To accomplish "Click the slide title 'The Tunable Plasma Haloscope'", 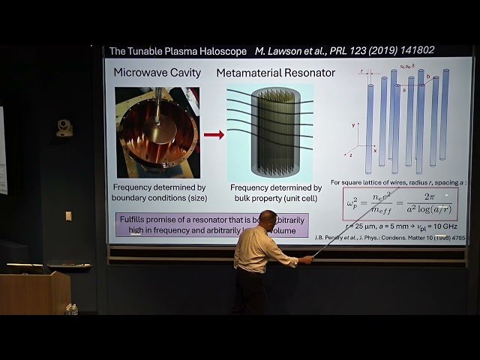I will click(178, 52).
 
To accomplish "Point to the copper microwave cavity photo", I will click(157, 132).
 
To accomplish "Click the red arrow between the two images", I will click(214, 135).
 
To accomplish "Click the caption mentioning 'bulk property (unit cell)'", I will click(275, 193).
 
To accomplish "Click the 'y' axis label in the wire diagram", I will click(352, 126).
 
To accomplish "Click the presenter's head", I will click(268, 220).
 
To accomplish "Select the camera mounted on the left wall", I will click(64, 127).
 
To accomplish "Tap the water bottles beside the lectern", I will click(71, 308).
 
